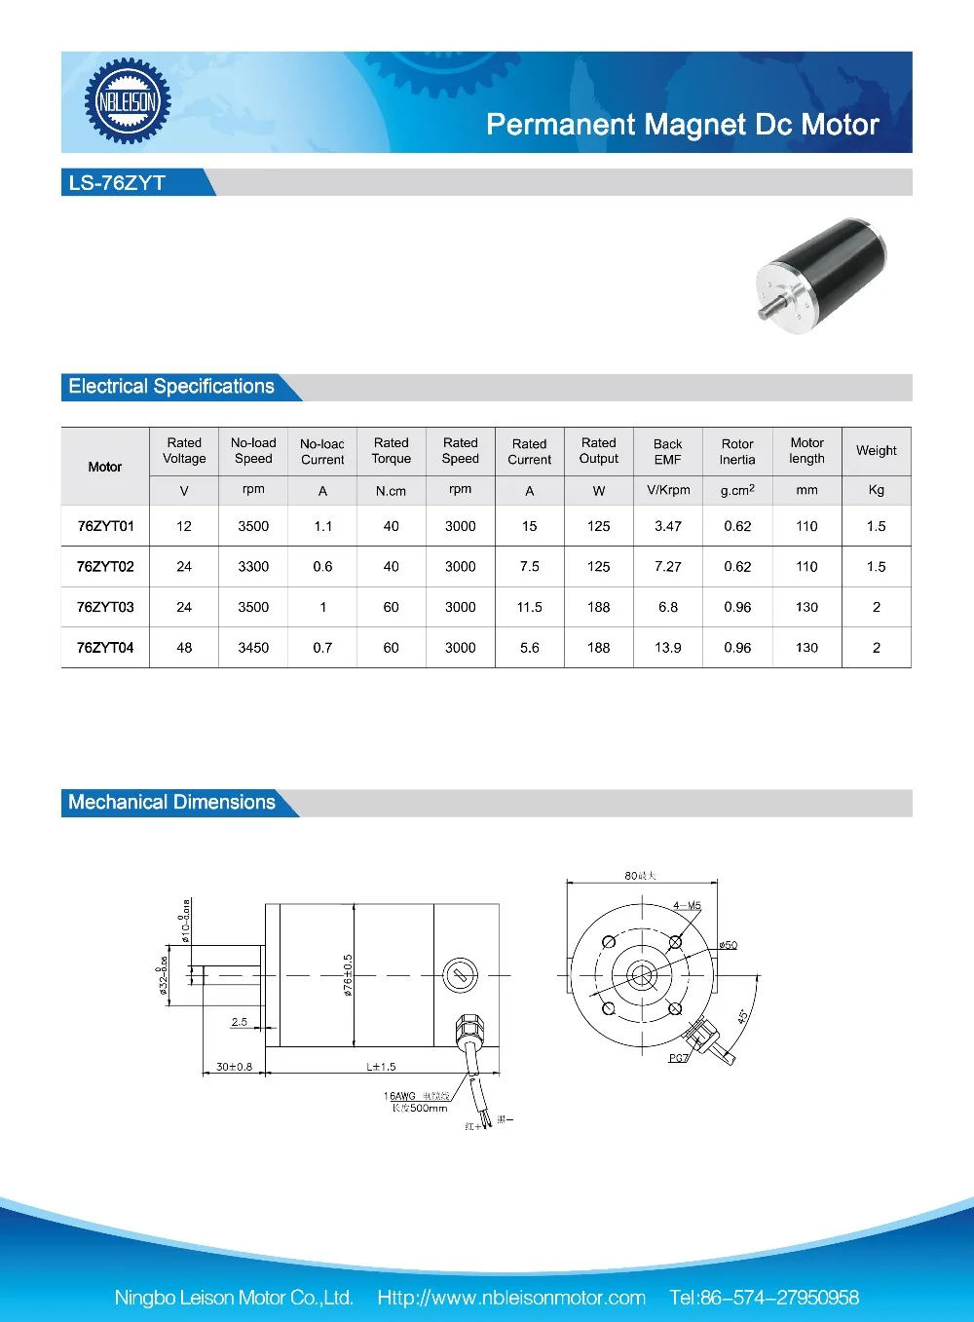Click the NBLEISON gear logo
tap(128, 101)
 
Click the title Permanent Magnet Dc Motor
tap(682, 125)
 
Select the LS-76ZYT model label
tap(117, 183)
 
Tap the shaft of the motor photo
tap(769, 312)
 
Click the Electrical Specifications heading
tap(171, 387)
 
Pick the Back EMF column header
tap(667, 451)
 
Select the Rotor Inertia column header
tap(737, 451)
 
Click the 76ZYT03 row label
tap(105, 607)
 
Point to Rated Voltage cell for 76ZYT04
tap(184, 648)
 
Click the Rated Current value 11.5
tap(529, 607)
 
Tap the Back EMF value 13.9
tap(667, 648)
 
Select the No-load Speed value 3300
tap(253, 566)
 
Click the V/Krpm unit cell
tap(667, 490)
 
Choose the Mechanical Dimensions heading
tap(171, 803)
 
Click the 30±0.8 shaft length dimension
tap(234, 1067)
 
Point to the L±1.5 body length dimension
tap(381, 1067)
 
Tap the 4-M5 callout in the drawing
tap(687, 906)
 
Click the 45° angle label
tap(743, 1015)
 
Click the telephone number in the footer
tap(764, 1298)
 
